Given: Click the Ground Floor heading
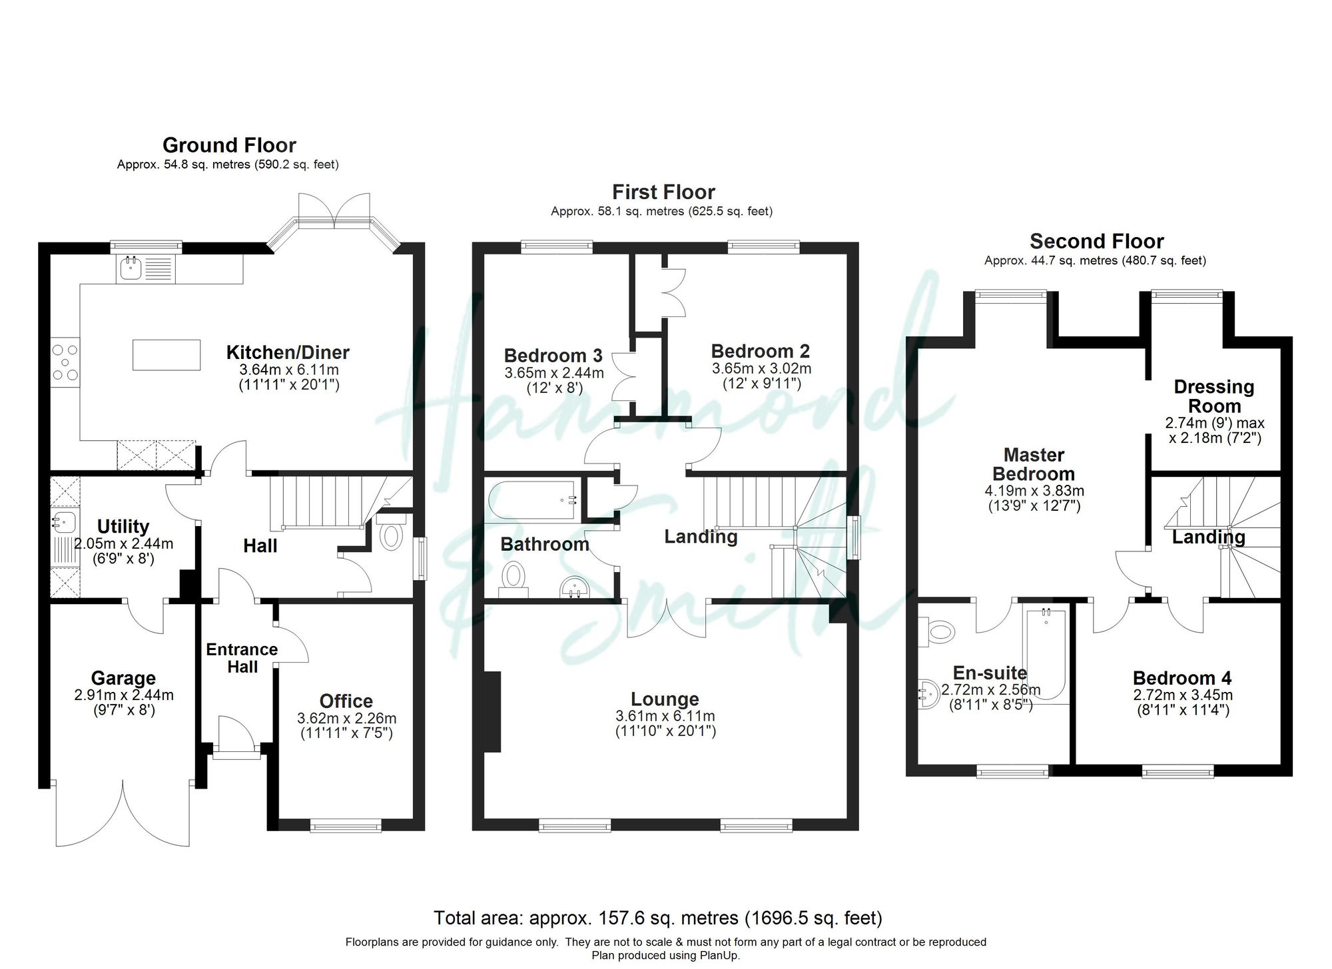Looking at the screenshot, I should pos(229,145).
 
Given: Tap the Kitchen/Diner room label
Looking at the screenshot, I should pos(288,352).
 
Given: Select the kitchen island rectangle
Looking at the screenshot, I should pos(166,354).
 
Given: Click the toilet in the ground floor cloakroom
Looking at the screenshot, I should pos(391,535).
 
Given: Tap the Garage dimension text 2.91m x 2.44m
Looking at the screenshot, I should pos(124,695).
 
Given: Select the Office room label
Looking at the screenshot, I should pos(346,701).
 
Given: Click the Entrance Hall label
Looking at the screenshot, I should pos(242,658).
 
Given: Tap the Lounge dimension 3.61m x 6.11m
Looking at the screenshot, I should pos(665,717).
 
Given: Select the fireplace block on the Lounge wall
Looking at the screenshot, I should pos(492,712).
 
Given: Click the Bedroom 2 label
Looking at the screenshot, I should pos(761,351).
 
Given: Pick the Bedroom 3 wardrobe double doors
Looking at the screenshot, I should pos(625,376).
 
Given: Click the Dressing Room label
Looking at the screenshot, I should pos(1213,396).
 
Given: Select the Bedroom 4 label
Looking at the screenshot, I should pos(1181,678).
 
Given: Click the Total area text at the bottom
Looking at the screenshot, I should pos(657,918).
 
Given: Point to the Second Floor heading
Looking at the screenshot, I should pos(1096,241).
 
